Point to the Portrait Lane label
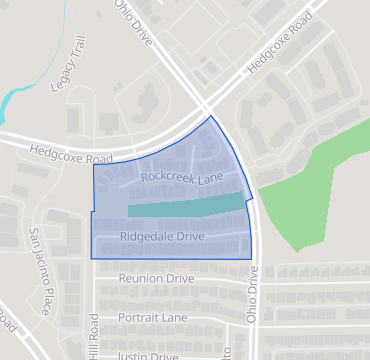point(153,317)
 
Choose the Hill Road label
point(95,334)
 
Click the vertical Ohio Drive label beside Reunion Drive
point(253,299)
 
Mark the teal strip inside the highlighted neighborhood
point(186,207)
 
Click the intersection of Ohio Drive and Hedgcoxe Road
point(207,109)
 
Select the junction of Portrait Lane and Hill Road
point(95,317)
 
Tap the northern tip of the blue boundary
point(211,116)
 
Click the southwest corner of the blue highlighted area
point(92,258)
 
